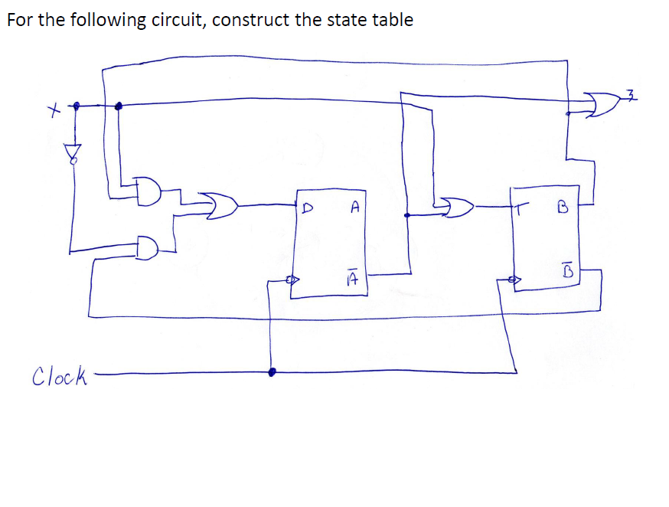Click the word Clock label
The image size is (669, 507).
coord(60,376)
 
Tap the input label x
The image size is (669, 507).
coord(52,113)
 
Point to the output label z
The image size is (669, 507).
coord(631,95)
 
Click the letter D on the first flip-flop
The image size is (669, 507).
coord(308,207)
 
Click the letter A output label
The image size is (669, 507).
coord(354,206)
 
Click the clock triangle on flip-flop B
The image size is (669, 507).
coord(514,280)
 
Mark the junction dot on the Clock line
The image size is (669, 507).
coord(272,372)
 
